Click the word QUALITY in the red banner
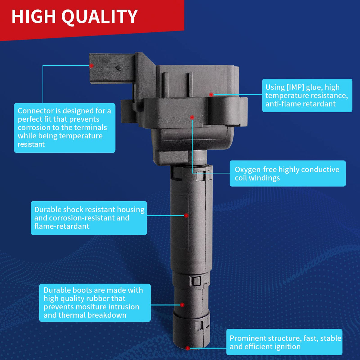100,17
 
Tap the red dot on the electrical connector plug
91,65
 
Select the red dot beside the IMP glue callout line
211,94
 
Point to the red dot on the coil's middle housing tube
186,216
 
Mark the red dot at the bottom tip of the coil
188,348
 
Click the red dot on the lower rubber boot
182,305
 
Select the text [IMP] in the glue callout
295,87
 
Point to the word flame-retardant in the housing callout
62,226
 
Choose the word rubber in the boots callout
97,298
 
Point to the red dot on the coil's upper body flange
192,117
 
